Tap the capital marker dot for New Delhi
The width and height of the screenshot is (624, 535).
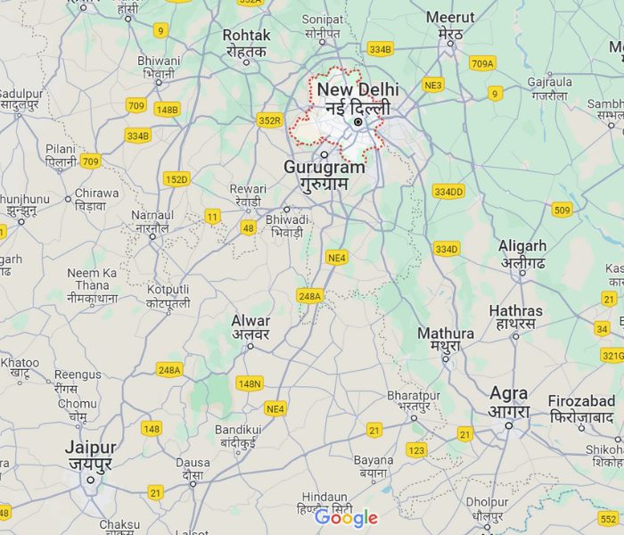click(x=357, y=121)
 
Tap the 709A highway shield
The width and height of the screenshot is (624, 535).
click(x=482, y=63)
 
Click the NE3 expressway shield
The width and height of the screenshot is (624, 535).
click(x=433, y=86)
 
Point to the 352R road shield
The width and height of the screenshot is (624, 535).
click(x=269, y=120)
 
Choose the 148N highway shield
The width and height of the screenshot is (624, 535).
click(x=250, y=383)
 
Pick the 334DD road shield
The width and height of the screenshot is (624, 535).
click(x=448, y=191)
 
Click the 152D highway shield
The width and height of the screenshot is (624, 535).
click(x=177, y=179)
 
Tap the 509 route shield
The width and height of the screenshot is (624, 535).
click(x=562, y=210)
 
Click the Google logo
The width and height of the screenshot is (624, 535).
click(x=347, y=517)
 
